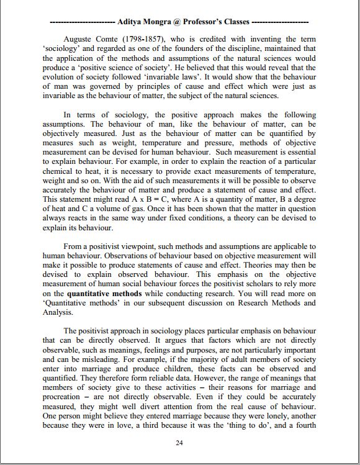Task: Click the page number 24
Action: tap(179, 443)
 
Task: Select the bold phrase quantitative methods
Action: tap(104, 294)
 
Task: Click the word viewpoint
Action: tap(130, 246)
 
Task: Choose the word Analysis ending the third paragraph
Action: tap(59, 313)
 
